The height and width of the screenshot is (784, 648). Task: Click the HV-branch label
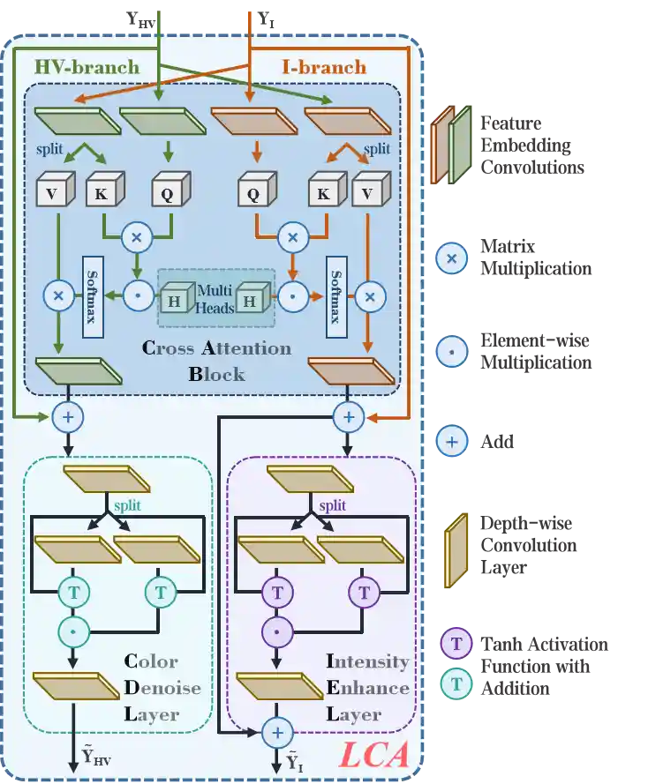(x=87, y=67)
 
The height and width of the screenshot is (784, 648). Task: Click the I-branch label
(x=323, y=67)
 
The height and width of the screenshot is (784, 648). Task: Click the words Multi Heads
(x=215, y=298)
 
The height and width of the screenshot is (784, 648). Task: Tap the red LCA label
(x=375, y=754)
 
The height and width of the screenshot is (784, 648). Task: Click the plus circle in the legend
(x=451, y=439)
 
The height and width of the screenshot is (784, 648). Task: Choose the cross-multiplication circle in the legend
(x=451, y=258)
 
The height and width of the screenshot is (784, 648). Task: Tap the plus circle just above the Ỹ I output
(x=277, y=731)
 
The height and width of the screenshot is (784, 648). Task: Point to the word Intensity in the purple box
(x=367, y=661)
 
